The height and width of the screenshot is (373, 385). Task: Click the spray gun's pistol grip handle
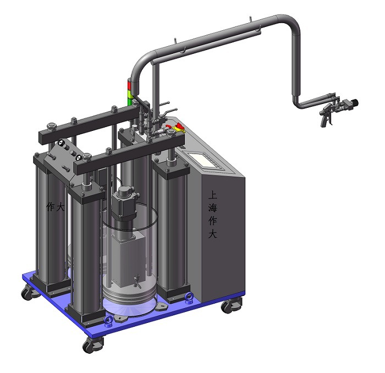324,121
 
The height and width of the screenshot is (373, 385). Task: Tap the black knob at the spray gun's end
355,102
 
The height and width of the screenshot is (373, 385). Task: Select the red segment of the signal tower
129,84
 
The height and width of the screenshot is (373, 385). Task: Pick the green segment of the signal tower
129,101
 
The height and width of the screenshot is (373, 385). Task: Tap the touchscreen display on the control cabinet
204,160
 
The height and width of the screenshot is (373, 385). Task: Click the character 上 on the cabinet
213,195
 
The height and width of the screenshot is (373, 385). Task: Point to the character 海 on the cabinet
213,208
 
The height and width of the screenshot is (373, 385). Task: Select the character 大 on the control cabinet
213,234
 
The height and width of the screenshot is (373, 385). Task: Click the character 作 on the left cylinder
51,207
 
